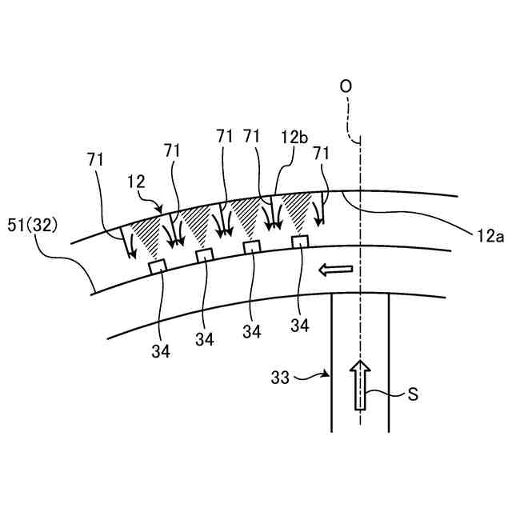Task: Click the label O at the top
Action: click(346, 86)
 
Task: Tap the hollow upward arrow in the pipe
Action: click(361, 384)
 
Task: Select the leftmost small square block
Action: click(157, 266)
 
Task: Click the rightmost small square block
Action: click(300, 241)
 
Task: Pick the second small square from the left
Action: click(205, 255)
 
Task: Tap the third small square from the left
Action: click(251, 246)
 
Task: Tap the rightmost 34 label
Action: click(300, 325)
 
